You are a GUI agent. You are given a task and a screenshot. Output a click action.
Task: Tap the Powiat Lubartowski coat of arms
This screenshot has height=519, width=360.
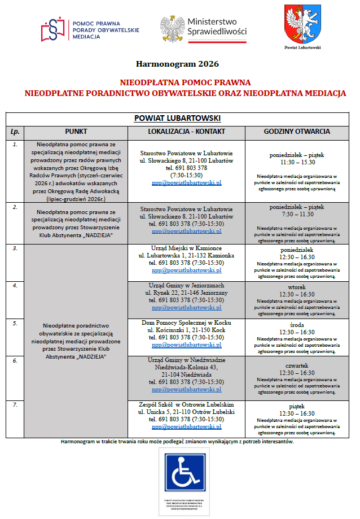(x=302, y=24)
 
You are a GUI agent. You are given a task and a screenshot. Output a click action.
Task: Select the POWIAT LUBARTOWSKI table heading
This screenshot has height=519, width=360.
(x=177, y=118)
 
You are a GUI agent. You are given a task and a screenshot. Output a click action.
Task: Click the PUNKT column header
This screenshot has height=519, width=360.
(x=76, y=132)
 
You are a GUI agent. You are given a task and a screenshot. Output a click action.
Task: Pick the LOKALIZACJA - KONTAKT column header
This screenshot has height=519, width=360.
(x=186, y=132)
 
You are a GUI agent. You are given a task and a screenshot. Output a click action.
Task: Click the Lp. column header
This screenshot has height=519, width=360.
(x=15, y=132)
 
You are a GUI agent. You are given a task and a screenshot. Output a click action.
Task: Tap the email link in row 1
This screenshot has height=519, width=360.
(x=186, y=183)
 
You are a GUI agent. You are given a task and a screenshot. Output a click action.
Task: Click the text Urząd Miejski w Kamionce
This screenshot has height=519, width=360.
(x=186, y=248)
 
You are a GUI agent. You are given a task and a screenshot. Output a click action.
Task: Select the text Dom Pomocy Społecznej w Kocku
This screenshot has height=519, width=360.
(x=186, y=322)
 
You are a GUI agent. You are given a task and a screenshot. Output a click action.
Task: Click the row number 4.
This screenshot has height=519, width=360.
(x=15, y=286)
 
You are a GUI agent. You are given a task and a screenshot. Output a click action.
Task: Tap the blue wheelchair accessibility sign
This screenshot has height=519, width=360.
(x=185, y=472)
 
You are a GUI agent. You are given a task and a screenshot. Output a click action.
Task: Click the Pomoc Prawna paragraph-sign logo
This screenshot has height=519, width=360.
(x=54, y=29)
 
